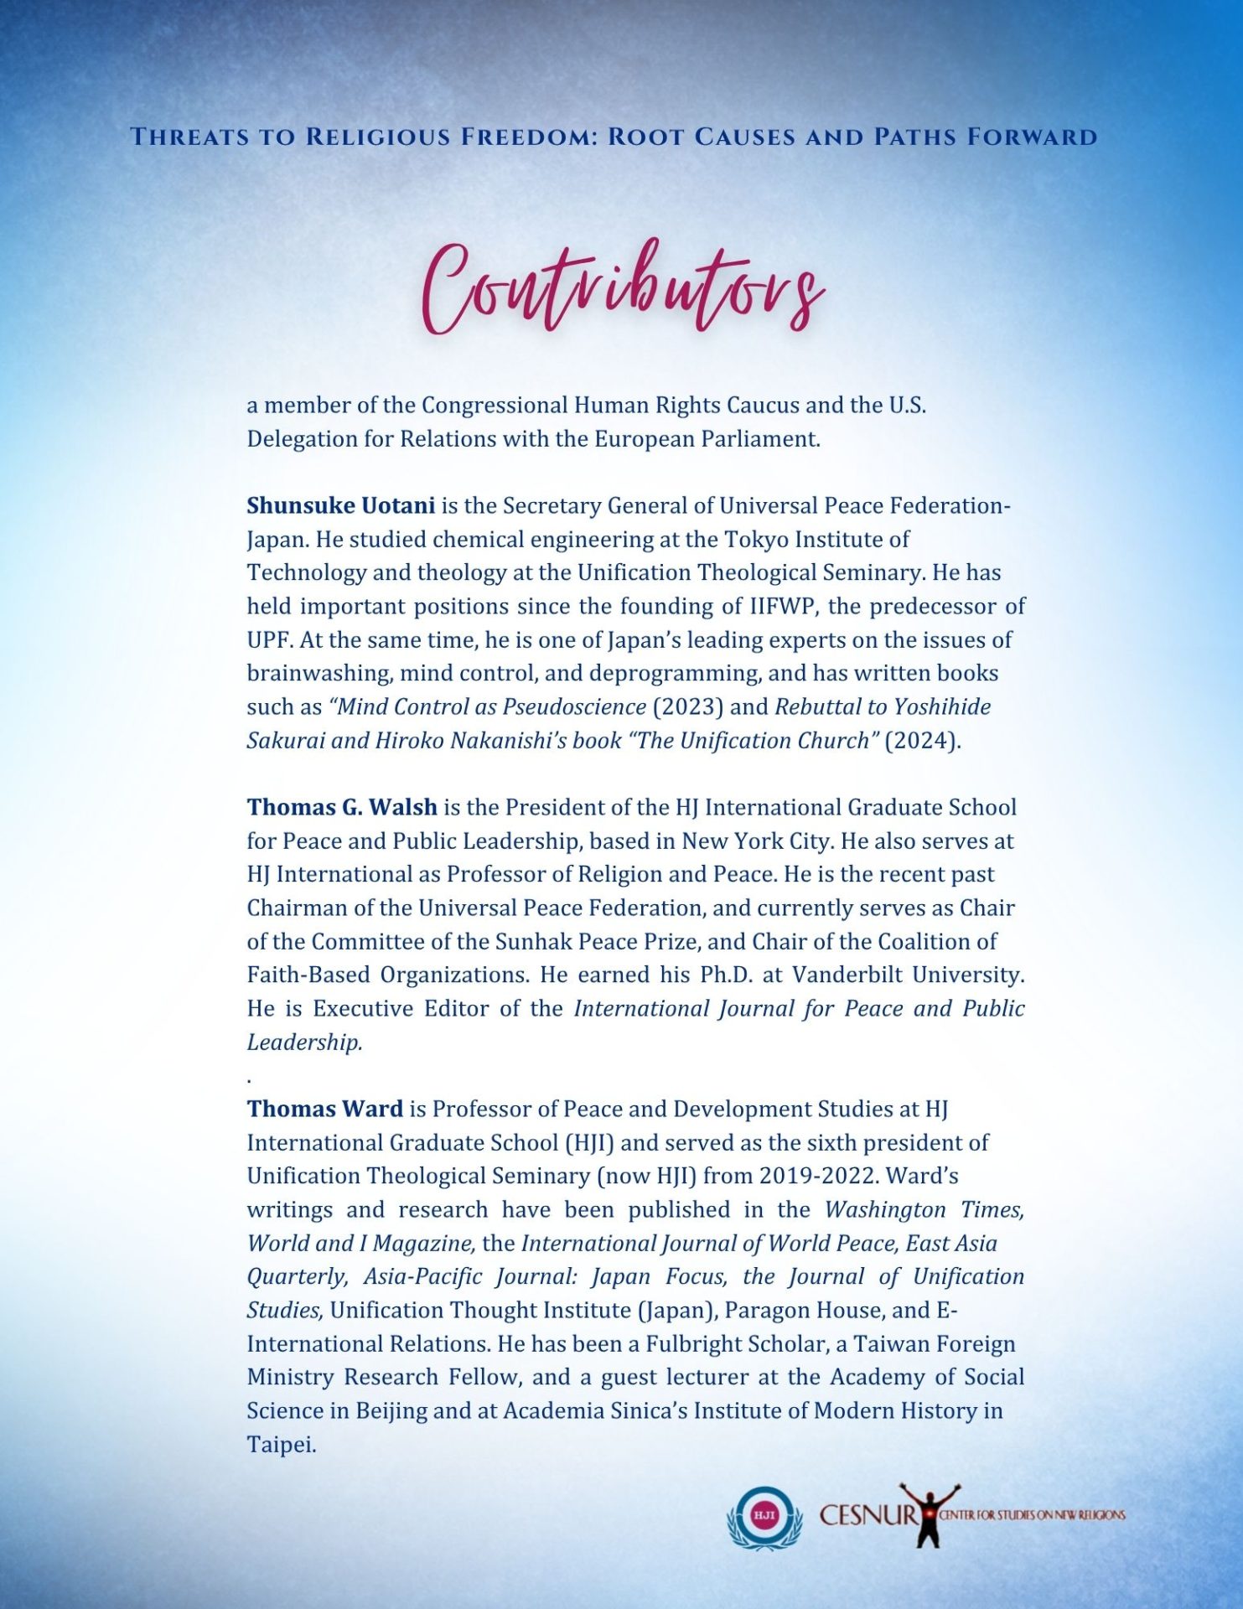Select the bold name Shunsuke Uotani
(340, 505)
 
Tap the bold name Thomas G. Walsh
(341, 807)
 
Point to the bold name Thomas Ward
(324, 1109)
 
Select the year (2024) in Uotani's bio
(922, 740)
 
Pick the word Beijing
(391, 1410)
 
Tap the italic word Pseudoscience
(574, 706)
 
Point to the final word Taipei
(281, 1445)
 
